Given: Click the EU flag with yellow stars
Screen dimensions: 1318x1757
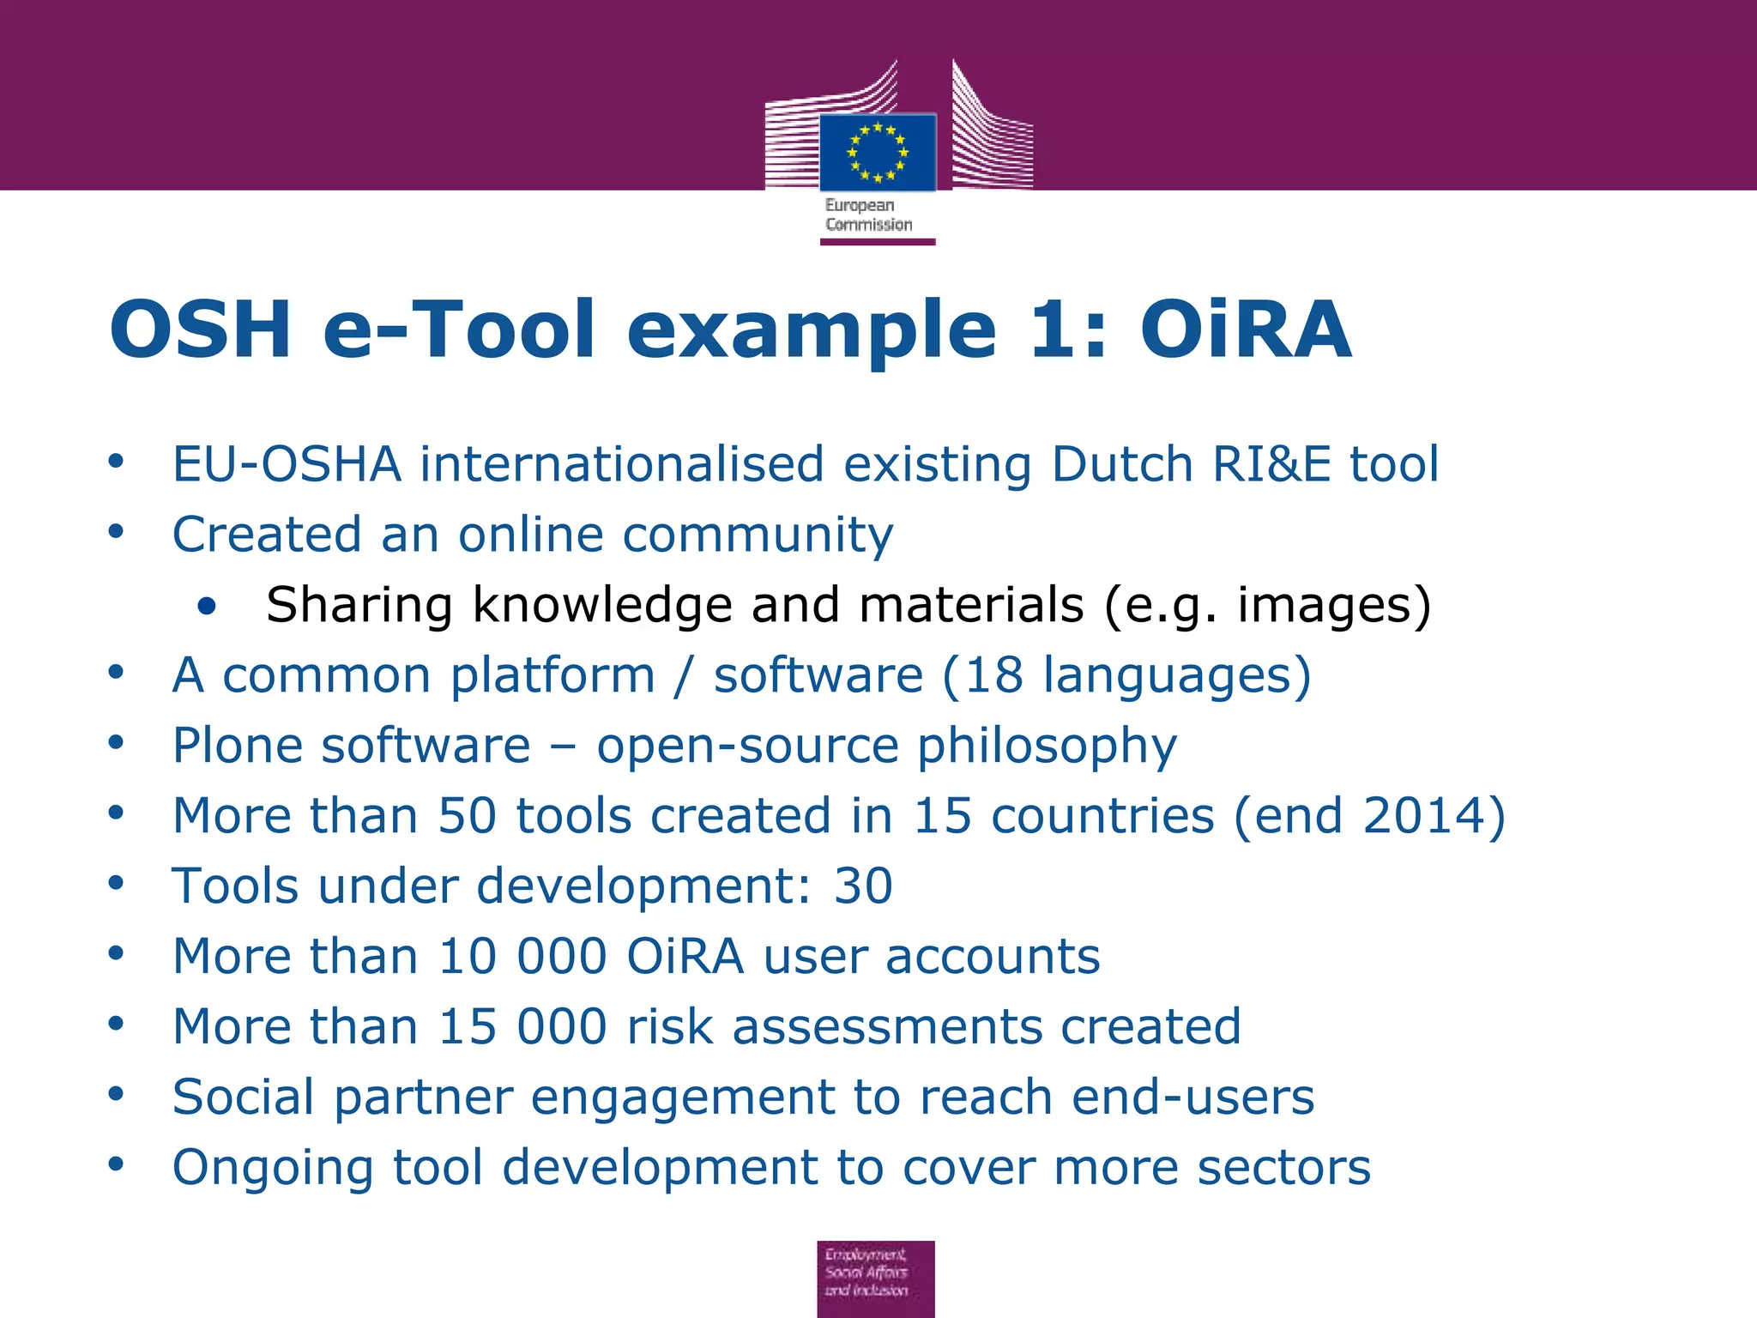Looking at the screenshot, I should (x=877, y=153).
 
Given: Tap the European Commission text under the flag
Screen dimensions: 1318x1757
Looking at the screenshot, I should (x=867, y=215).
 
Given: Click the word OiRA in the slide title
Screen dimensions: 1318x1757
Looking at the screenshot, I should (x=1245, y=329).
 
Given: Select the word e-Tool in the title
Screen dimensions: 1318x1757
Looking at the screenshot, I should (x=458, y=329).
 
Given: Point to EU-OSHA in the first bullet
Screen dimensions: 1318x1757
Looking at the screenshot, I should (x=287, y=464).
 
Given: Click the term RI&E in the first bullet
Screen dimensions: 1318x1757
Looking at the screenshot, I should (x=1271, y=464).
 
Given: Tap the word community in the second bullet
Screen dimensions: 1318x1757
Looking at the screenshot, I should (x=758, y=535).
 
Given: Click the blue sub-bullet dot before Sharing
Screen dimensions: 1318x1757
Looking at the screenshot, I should (x=206, y=607).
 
